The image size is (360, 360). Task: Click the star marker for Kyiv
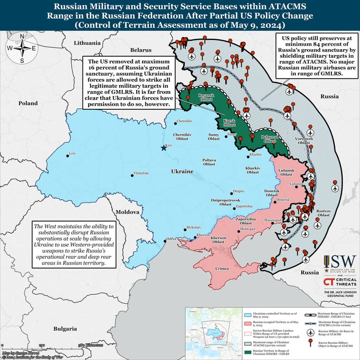[x=164, y=148]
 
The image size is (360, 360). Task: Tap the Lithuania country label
[x=87, y=43]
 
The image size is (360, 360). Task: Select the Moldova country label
[x=127, y=212]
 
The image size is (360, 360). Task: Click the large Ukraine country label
[x=182, y=172]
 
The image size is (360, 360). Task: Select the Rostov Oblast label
[x=323, y=214]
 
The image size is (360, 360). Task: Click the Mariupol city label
[x=272, y=220]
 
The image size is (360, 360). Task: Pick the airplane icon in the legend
[x=310, y=332]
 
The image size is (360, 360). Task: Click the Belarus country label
[x=141, y=49]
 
